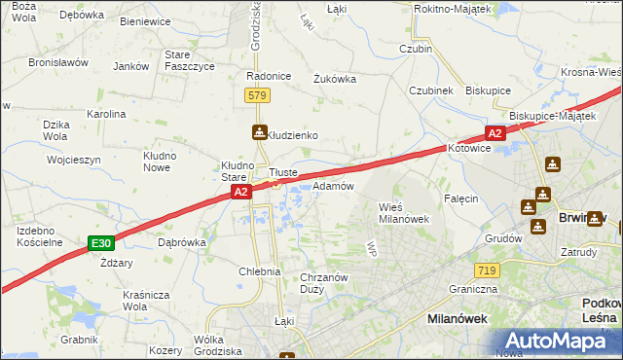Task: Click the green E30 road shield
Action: point(99,243)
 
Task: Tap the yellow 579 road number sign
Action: point(257,95)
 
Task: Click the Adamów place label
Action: point(333,185)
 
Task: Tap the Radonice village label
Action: point(269,77)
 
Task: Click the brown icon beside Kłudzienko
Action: point(258,133)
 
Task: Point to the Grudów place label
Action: point(503,237)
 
